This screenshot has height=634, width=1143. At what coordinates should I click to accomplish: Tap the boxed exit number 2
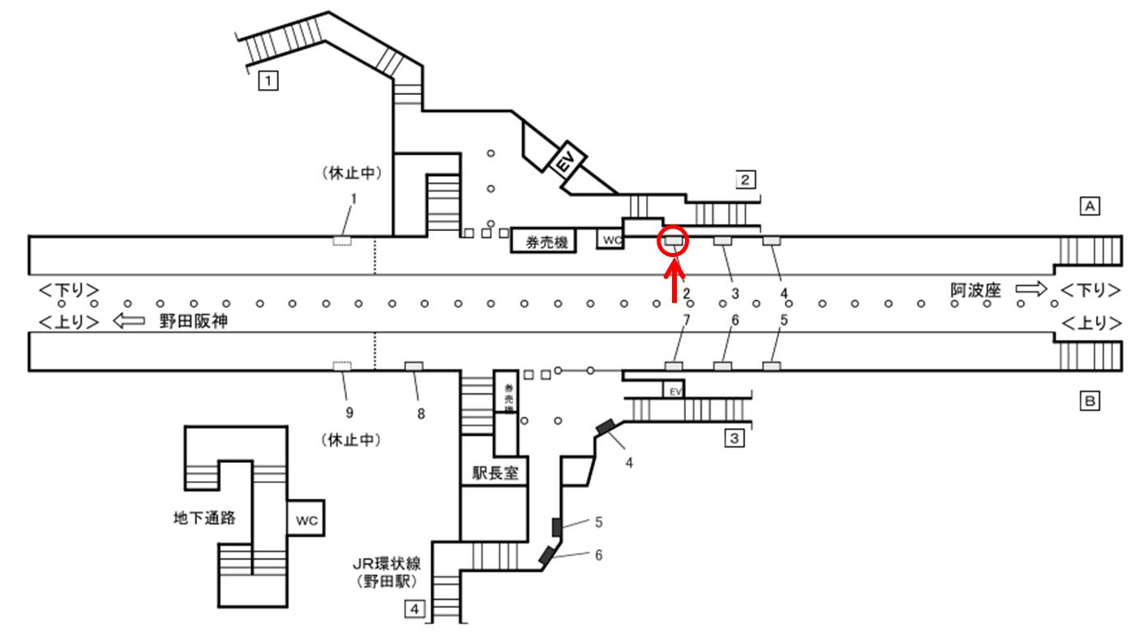click(745, 179)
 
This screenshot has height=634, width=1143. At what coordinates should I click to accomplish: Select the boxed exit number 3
click(734, 439)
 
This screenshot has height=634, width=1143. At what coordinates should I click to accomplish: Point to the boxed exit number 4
click(414, 607)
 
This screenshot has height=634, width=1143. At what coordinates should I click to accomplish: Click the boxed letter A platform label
click(1090, 207)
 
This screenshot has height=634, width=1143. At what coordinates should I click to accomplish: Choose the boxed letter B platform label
click(1090, 401)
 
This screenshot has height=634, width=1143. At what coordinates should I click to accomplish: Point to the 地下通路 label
click(205, 517)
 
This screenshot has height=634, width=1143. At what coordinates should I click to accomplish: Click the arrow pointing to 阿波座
click(1031, 289)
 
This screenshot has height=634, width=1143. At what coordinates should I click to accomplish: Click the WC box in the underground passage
click(306, 518)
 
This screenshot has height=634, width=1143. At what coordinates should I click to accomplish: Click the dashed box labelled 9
click(342, 367)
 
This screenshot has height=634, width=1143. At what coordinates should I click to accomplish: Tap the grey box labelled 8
click(413, 366)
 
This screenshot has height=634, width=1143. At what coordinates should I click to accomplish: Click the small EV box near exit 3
click(674, 391)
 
